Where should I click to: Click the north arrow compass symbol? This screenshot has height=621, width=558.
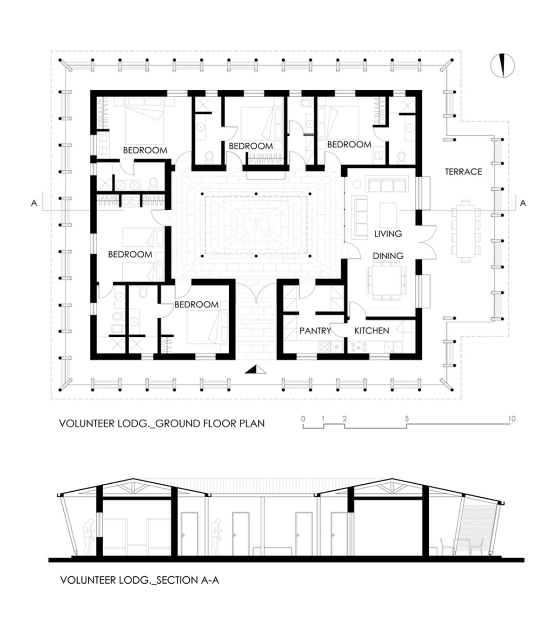(x=502, y=65)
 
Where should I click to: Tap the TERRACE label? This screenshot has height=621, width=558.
(x=463, y=172)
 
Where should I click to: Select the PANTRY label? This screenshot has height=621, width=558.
(x=315, y=331)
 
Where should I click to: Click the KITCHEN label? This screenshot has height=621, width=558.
(x=372, y=331)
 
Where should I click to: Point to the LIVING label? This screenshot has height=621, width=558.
(x=388, y=234)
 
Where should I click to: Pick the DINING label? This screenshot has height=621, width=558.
(x=388, y=256)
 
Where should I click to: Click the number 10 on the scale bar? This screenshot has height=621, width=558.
(x=511, y=419)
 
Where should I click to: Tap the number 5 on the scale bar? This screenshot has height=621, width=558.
(x=407, y=419)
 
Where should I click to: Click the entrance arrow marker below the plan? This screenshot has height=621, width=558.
(x=255, y=370)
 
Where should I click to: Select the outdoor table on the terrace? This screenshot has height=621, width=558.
(x=465, y=230)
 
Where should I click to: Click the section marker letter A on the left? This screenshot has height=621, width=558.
(x=34, y=203)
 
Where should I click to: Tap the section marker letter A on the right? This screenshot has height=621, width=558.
(x=523, y=203)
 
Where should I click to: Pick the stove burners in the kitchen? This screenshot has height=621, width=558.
(x=359, y=347)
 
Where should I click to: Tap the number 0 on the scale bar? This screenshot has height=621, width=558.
(x=303, y=419)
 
